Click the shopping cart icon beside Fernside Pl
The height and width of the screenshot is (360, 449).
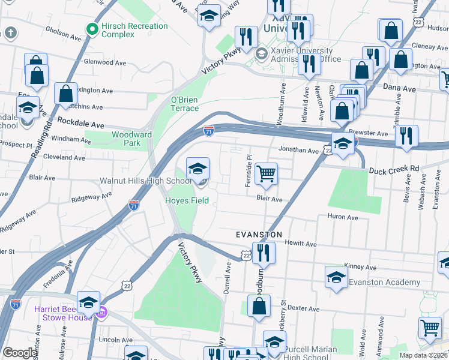click(266, 175)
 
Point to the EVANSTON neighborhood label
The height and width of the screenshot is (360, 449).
click(258, 234)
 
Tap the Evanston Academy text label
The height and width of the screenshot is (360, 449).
click(384, 283)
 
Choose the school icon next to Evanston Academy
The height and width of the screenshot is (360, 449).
click(336, 278)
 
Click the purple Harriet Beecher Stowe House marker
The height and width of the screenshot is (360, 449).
click(102, 312)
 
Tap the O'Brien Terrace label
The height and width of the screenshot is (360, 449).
click(184, 104)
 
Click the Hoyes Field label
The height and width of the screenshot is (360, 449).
click(187, 200)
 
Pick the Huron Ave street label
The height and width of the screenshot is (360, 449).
click(342, 217)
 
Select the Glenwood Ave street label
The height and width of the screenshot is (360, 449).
click(105, 62)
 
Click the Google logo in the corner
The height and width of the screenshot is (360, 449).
click(20, 353)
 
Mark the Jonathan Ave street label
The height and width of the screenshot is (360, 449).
click(298, 151)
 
